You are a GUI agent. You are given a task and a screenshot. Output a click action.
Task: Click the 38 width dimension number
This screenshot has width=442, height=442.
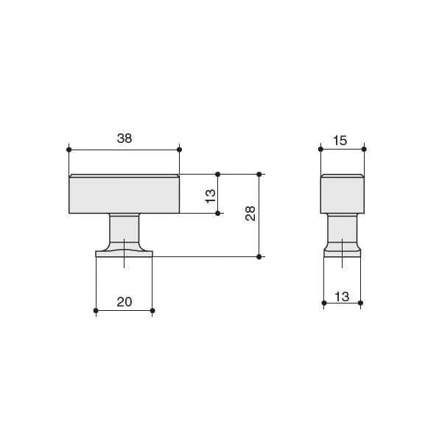point(124,138)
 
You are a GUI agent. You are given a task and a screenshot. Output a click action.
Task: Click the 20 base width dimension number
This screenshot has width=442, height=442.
point(124,302)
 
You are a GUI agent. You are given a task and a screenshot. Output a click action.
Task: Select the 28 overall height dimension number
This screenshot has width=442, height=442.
point(250,214)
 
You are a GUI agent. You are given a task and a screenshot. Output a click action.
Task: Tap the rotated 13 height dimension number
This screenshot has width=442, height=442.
point(210,196)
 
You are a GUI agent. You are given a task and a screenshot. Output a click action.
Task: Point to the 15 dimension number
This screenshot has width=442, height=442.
point(340,141)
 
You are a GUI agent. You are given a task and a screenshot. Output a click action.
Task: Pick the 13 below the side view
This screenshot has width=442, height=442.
point(342,297)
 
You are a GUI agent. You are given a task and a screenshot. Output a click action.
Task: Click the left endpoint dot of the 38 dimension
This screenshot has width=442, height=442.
point(69,150)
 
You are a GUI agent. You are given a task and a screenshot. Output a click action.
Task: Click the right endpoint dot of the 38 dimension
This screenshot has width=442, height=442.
point(179,150)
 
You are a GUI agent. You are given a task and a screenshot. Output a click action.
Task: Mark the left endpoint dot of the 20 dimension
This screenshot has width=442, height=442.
point(96,311)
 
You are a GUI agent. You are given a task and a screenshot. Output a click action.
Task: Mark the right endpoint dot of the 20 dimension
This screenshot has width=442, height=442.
point(152,311)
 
